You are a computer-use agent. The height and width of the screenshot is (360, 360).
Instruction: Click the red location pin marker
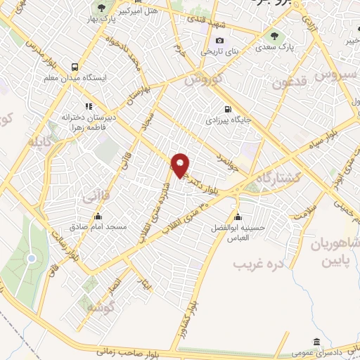(181, 165)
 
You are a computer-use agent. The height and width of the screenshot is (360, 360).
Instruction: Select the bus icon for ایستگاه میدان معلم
(75, 67)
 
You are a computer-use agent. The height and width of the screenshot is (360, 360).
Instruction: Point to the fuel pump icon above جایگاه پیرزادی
(227, 109)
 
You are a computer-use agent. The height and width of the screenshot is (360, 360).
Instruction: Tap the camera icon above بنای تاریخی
(220, 41)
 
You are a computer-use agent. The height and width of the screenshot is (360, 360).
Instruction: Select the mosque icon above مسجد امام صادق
(97, 217)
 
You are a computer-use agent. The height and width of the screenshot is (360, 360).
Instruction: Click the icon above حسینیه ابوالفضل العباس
(239, 216)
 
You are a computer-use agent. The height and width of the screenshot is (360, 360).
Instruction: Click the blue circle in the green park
(31, 259)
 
